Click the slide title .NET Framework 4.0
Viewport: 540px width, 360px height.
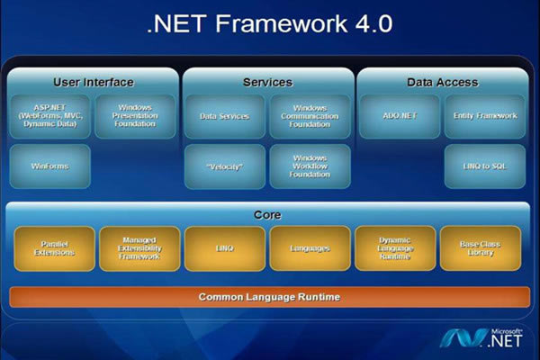(x=269, y=24)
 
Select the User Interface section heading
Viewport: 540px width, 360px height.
(x=94, y=82)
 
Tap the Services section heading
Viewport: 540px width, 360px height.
(x=267, y=82)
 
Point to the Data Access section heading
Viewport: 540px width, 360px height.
(x=442, y=82)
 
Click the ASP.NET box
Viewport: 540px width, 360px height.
(x=49, y=116)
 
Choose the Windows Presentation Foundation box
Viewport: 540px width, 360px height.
(x=136, y=116)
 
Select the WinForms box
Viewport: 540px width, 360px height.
(x=49, y=166)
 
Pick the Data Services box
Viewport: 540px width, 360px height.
(x=224, y=116)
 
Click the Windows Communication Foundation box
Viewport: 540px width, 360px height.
(x=310, y=116)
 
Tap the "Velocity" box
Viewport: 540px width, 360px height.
(x=224, y=166)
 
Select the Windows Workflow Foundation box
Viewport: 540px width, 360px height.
(x=310, y=166)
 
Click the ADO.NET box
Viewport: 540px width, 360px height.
(x=399, y=116)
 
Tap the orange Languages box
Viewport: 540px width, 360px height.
(x=310, y=248)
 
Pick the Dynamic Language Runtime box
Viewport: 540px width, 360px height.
(x=397, y=248)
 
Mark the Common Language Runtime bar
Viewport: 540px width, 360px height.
(x=269, y=296)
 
